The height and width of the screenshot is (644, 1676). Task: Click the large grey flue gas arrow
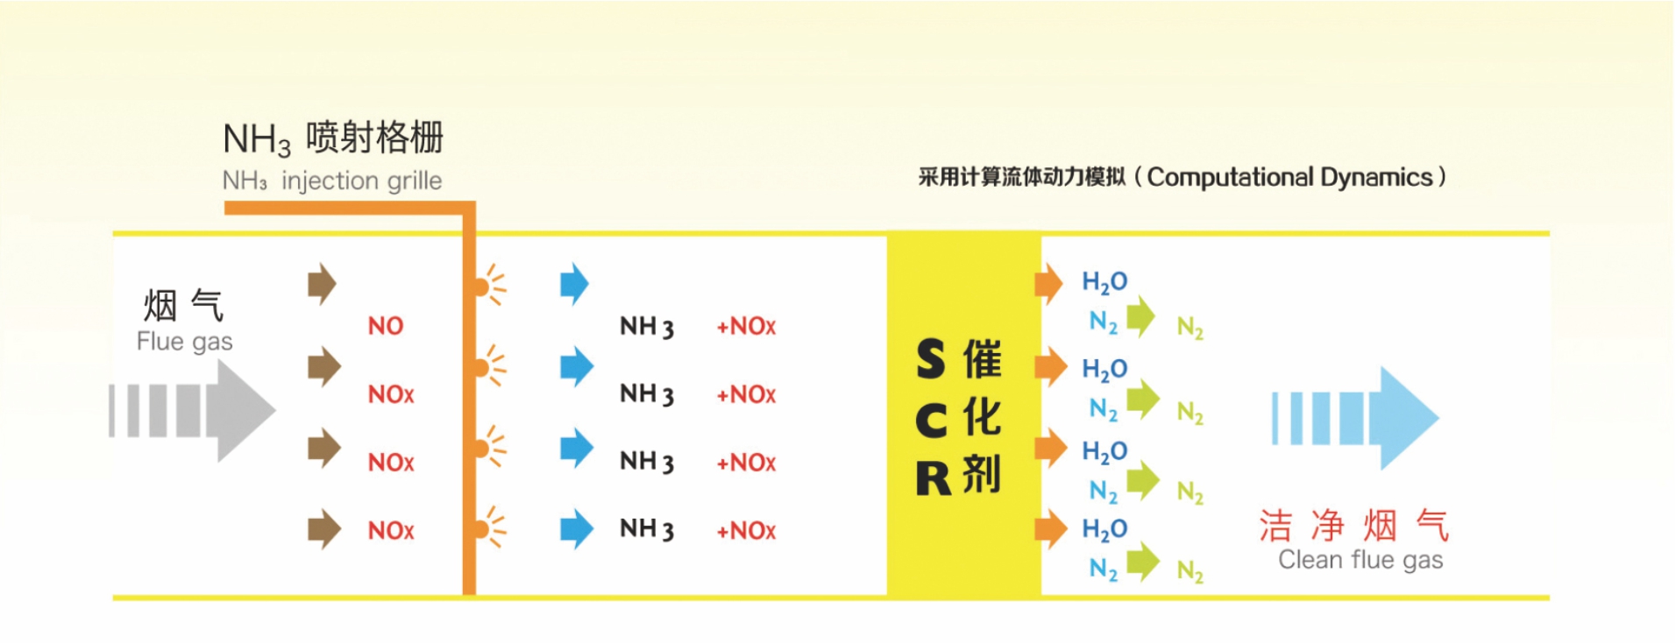click(x=202, y=410)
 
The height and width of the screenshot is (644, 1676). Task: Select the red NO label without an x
click(x=386, y=326)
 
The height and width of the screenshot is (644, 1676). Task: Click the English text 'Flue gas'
click(x=184, y=341)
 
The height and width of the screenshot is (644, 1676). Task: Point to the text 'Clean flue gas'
click(x=1360, y=559)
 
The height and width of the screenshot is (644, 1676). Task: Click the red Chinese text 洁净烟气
click(x=1353, y=526)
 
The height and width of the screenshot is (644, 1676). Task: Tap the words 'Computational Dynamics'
click(x=1289, y=177)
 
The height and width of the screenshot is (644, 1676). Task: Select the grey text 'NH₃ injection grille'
click(x=332, y=180)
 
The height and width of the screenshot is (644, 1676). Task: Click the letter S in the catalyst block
click(x=930, y=360)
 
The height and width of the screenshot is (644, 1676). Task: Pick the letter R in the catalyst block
click(x=933, y=478)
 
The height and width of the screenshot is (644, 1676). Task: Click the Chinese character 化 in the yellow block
click(x=982, y=417)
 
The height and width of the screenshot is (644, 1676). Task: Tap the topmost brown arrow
click(x=323, y=284)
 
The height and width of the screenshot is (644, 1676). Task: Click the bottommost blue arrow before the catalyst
click(x=576, y=528)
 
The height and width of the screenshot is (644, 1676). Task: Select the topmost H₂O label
click(x=1104, y=282)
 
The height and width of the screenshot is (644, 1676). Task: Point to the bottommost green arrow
click(x=1142, y=562)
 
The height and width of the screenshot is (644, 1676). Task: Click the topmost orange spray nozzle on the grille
click(x=482, y=286)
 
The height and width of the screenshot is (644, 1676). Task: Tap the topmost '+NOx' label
click(x=746, y=326)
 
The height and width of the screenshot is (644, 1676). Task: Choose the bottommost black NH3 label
click(x=647, y=528)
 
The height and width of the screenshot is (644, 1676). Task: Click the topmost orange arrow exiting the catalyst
click(x=1048, y=283)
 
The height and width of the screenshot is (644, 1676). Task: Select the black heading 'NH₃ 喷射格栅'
click(x=333, y=138)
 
